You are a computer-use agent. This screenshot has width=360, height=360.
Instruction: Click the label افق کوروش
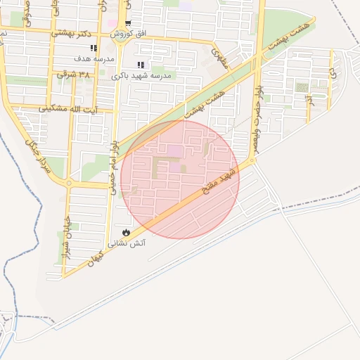pyautogui.click(x=131, y=34)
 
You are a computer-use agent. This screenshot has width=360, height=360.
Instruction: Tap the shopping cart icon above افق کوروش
pyautogui.click(x=127, y=24)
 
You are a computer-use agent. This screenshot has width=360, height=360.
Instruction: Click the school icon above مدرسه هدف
pyautogui.click(x=94, y=48)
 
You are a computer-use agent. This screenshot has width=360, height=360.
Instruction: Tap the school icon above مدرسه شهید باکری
pyautogui.click(x=141, y=65)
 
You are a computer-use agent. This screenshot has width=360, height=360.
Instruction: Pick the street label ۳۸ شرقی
pyautogui.click(x=74, y=73)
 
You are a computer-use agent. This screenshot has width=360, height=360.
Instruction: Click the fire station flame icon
pyautogui.click(x=126, y=232)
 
